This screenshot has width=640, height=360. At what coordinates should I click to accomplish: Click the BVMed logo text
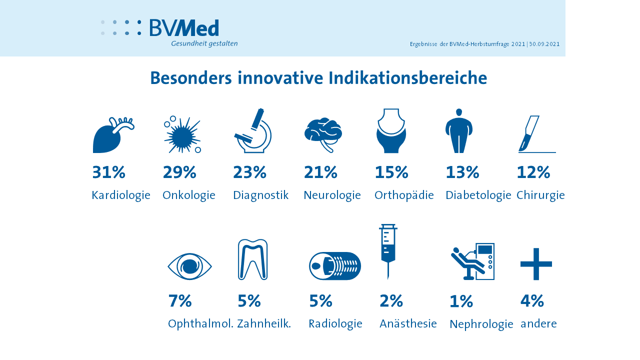tap(184, 28)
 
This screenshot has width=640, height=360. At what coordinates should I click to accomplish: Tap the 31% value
tap(108, 172)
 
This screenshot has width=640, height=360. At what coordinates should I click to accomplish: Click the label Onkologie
tap(189, 195)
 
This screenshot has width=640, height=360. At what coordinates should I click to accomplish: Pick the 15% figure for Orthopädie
tap(391, 172)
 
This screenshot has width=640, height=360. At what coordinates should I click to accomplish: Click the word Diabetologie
tap(478, 195)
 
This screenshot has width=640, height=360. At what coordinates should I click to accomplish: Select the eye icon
tap(189, 266)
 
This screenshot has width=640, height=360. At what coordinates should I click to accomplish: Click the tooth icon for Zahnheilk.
tap(253, 259)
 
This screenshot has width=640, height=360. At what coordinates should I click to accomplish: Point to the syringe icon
tap(388, 249)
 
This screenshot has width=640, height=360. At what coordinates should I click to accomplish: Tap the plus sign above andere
tap(536, 264)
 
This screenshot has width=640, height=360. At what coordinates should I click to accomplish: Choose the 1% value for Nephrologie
tap(461, 302)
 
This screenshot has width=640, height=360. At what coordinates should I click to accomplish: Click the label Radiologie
tap(335, 324)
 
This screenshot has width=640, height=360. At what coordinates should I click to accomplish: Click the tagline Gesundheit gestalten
tap(204, 43)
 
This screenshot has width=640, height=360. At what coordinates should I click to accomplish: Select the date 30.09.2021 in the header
tap(544, 44)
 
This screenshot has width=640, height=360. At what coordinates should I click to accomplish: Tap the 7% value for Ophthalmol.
tap(180, 301)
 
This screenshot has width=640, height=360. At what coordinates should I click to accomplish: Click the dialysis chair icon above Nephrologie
tap(472, 261)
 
